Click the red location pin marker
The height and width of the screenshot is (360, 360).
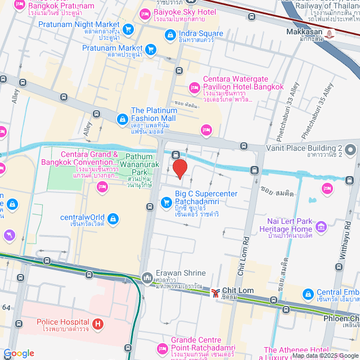point(179,169)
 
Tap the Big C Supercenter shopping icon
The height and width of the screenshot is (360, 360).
point(166,201)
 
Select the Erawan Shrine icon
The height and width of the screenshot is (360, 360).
point(147,277)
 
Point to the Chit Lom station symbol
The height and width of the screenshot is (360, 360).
point(216,292)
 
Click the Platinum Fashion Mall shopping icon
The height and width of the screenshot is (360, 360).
point(122,119)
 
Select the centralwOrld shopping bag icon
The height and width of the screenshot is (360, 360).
point(112,218)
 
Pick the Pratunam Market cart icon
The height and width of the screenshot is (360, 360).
point(150,49)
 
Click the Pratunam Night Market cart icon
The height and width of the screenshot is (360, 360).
point(128,28)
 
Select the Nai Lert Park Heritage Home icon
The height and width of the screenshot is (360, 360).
point(321,227)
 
